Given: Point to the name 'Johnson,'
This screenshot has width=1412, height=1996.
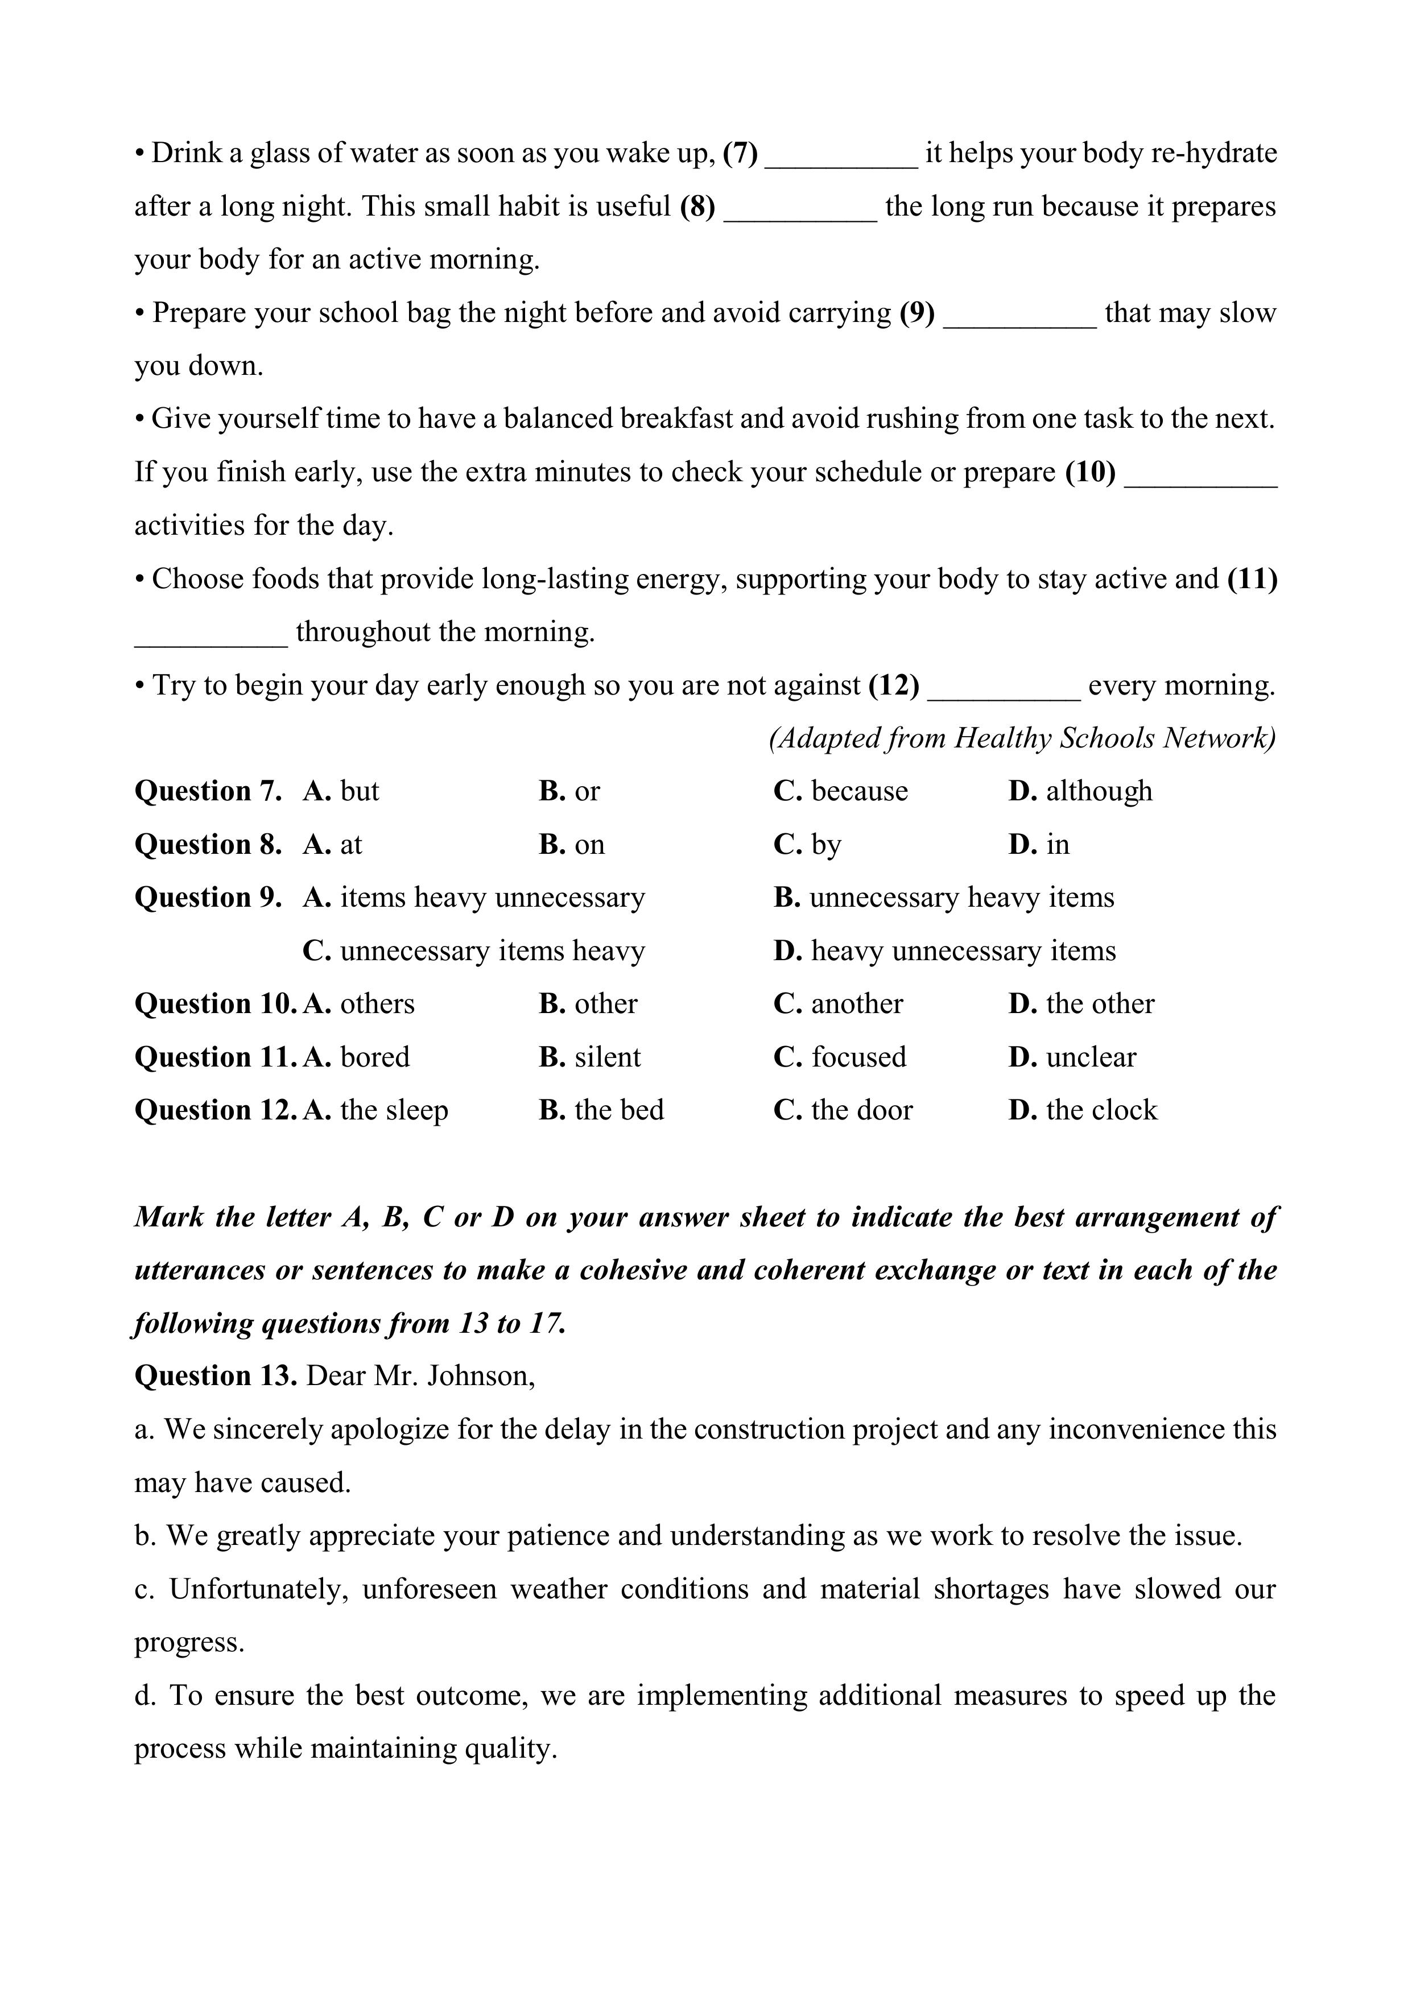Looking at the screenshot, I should (481, 1376).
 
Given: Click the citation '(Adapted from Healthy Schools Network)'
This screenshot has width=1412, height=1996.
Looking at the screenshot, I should (1022, 738).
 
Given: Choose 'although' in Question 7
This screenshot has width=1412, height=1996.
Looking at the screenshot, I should (1099, 791).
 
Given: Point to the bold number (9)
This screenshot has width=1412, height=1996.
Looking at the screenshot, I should (916, 313).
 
